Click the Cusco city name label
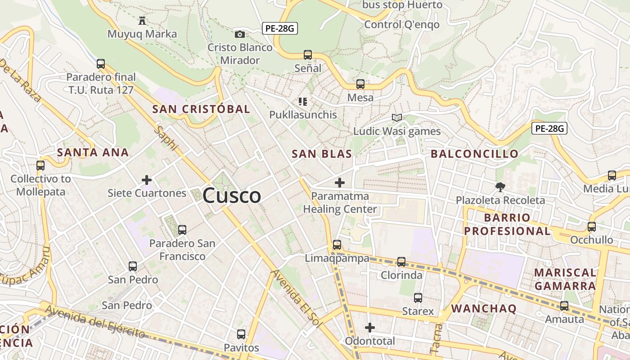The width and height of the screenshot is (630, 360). (x=232, y=196)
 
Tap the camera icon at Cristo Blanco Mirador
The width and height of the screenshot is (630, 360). (x=240, y=34)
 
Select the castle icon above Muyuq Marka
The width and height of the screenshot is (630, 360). (x=142, y=20)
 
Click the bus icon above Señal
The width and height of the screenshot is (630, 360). (x=308, y=55)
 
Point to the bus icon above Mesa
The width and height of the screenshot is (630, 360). (x=360, y=84)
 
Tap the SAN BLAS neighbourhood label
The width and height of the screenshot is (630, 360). (x=322, y=154)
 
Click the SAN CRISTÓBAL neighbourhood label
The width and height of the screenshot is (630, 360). (x=201, y=109)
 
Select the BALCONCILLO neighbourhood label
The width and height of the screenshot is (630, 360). (x=475, y=154)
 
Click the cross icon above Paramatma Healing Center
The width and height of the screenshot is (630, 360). (x=340, y=183)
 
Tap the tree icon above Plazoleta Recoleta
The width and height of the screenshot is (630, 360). (x=500, y=187)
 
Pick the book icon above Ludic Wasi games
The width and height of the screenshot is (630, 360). (x=396, y=118)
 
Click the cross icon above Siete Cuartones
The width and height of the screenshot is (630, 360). (x=147, y=180)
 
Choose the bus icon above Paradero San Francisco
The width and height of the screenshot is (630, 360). (x=182, y=230)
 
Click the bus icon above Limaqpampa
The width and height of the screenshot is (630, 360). (x=337, y=245)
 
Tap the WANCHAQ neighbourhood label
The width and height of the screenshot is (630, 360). (x=484, y=309)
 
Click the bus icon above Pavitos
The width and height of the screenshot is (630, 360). (x=241, y=334)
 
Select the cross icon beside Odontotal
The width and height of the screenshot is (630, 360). (x=370, y=328)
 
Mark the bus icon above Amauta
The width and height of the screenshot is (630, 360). (x=564, y=306)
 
